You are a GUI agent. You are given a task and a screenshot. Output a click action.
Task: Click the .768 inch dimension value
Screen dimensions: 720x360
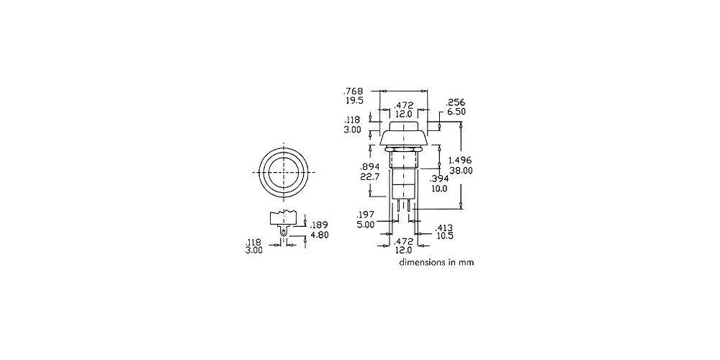354,91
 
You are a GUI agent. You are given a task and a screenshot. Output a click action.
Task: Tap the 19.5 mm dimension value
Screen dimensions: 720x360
354,100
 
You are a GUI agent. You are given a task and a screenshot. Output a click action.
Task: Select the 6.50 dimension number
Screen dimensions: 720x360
456,112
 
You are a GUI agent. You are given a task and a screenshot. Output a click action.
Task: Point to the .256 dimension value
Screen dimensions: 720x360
456,102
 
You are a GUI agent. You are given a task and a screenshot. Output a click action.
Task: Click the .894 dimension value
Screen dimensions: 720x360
371,168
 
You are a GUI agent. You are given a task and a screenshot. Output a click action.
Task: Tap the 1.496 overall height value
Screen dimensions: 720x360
461,161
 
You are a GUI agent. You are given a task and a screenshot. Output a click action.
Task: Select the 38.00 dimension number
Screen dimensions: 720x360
461,170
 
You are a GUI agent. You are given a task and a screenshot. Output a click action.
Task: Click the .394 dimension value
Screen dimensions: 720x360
438,179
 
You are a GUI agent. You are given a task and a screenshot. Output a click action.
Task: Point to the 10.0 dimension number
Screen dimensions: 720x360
439,188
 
